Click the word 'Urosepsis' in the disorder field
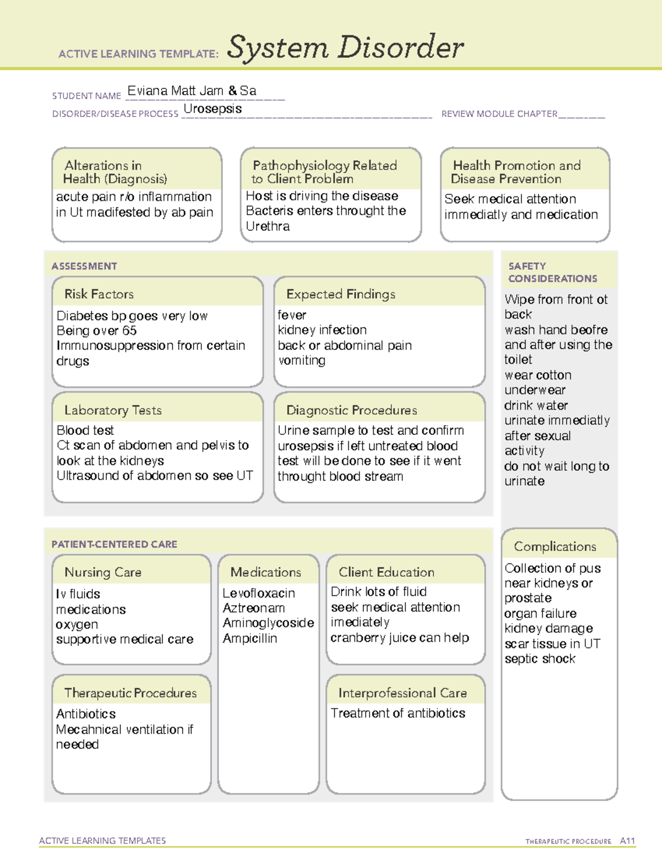[212, 109]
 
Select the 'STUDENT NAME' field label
[87, 96]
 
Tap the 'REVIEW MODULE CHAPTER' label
[499, 114]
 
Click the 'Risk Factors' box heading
[99, 294]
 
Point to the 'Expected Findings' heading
[340, 294]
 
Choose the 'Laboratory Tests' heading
[113, 410]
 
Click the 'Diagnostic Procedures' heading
[351, 410]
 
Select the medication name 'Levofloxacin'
[258, 593]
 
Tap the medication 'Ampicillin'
[249, 638]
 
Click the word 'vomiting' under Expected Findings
[301, 360]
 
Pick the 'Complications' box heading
[554, 546]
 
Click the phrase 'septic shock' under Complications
[540, 659]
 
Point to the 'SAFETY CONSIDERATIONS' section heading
[552, 272]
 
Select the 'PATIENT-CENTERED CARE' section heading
[114, 544]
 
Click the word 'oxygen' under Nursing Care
[77, 625]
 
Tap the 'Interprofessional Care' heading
[402, 693]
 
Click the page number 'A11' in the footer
[627, 841]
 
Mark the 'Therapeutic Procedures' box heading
[130, 693]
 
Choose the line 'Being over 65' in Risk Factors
[97, 331]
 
